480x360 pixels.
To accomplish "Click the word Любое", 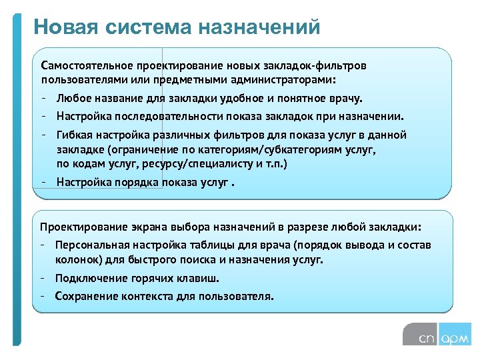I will pos(72,99).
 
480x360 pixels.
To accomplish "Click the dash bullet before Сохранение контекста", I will pos(43,296).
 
